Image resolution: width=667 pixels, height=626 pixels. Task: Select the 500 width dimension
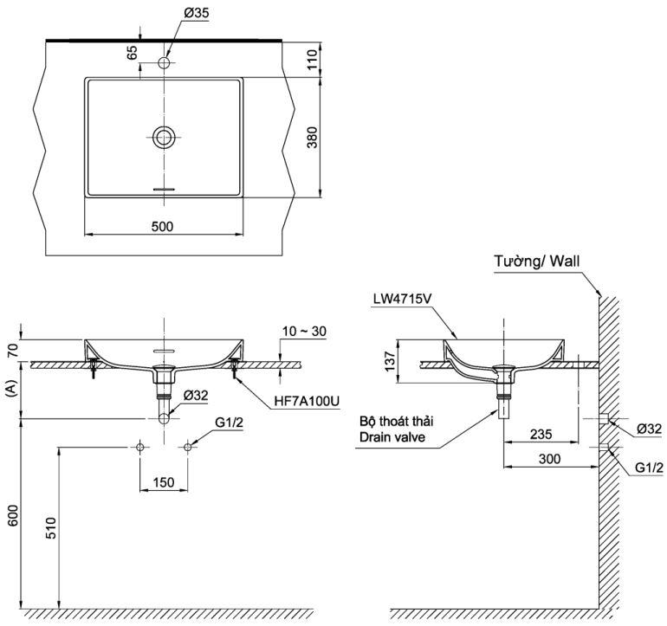click(163, 226)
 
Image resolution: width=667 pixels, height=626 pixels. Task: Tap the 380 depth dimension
click(314, 137)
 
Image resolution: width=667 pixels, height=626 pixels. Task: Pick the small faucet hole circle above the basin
click(164, 62)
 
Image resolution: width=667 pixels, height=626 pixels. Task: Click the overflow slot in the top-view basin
click(164, 188)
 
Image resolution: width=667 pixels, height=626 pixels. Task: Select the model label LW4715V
click(403, 300)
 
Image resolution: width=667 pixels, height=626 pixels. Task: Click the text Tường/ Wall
click(537, 260)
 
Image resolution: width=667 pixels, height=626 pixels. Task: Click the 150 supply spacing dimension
click(164, 482)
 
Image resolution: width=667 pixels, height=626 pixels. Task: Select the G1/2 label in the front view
click(228, 424)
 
